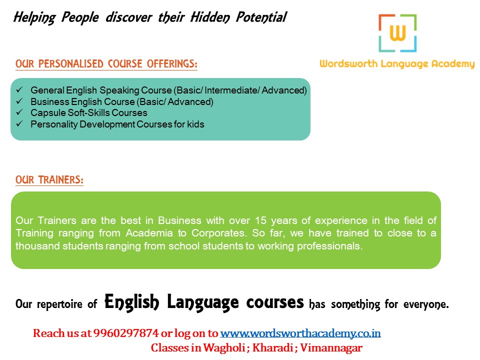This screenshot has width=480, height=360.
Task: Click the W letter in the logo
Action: pos(397,33)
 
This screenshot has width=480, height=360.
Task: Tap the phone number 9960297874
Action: pos(126,333)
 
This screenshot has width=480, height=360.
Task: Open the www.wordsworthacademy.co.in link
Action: pos(300,333)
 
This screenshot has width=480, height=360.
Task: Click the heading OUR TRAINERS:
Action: pos(49,179)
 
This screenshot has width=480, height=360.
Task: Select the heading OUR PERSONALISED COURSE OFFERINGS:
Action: pos(106,63)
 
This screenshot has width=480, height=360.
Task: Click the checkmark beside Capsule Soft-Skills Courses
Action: pos(19,112)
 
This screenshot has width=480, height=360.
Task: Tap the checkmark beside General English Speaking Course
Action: pos(19,89)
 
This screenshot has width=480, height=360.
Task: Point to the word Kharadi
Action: pos(273,348)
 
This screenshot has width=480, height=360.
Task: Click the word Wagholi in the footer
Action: pos(224,348)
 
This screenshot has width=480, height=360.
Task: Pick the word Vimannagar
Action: pos(331,348)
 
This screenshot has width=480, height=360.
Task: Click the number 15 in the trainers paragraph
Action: pos(261,220)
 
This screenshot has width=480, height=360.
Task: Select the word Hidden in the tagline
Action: pos(210,17)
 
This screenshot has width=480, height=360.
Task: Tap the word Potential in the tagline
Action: pos(261,17)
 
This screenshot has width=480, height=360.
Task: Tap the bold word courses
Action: pos(275,302)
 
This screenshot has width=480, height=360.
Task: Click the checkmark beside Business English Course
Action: pos(19,101)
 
